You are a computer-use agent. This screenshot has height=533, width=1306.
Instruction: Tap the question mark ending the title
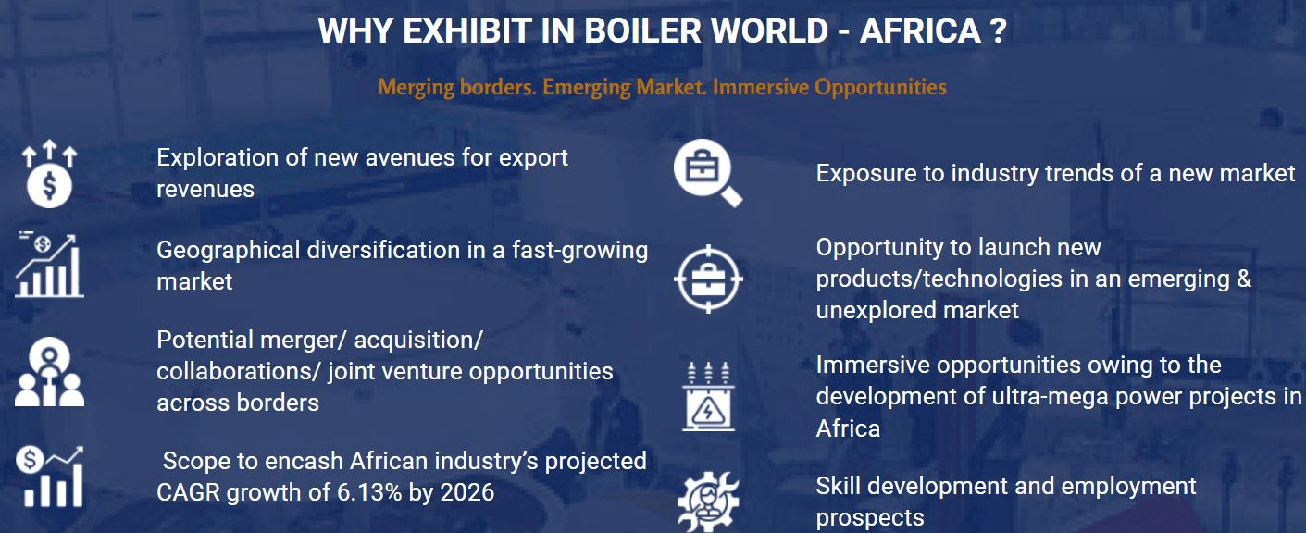click(998, 31)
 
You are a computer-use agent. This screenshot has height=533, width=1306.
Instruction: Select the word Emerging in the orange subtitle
click(587, 88)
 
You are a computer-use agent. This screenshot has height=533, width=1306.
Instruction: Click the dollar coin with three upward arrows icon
click(50, 174)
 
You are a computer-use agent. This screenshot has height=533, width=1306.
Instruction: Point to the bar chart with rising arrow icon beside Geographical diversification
click(50, 266)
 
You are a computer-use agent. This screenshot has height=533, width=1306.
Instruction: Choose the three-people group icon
click(50, 371)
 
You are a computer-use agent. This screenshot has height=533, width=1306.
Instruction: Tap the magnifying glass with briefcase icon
click(708, 173)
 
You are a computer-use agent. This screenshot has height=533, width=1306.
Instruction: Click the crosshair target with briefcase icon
click(708, 279)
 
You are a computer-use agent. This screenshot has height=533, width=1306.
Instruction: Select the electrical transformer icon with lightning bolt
click(708, 397)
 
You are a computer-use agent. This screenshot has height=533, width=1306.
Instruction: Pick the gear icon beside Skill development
click(708, 502)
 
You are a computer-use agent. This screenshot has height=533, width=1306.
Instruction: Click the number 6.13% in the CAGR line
click(369, 493)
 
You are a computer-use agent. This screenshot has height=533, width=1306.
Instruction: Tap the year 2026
click(467, 493)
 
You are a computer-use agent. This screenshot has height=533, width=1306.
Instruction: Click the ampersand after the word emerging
click(1244, 279)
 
